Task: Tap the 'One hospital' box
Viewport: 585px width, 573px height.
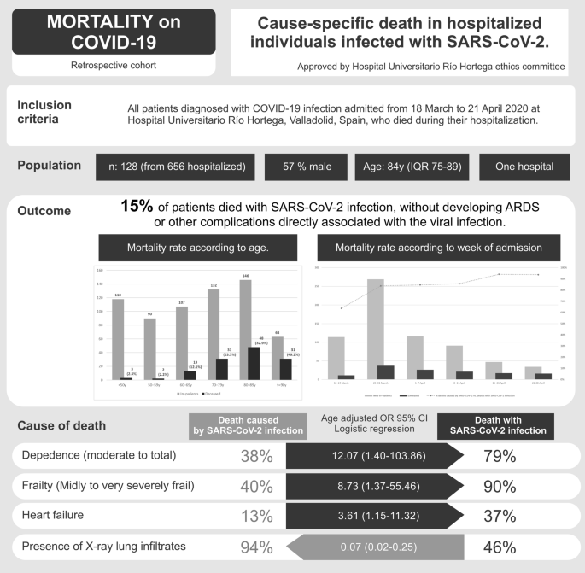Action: pos(522,167)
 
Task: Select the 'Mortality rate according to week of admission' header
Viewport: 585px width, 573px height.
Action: pos(439,248)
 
